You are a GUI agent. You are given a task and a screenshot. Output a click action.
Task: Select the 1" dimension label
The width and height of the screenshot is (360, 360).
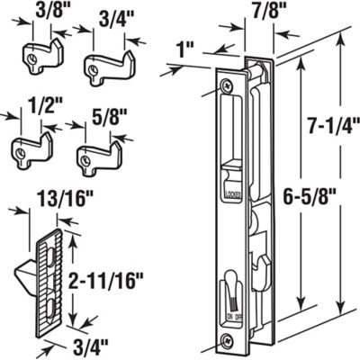pyautogui.click(x=187, y=45)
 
